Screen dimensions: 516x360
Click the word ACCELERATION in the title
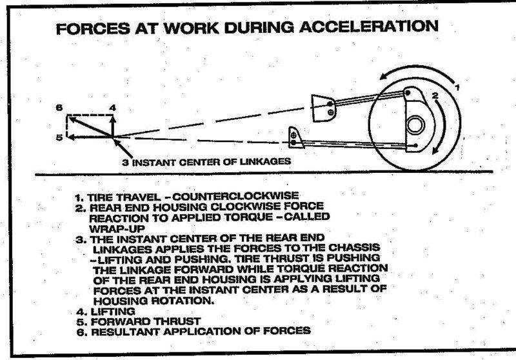tap(368, 26)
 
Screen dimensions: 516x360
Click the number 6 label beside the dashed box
tap(59, 108)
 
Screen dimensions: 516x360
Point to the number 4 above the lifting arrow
tap(112, 108)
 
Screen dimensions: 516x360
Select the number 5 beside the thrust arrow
tap(59, 137)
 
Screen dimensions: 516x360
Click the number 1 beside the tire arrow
tap(457, 87)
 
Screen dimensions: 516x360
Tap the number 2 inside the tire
tap(435, 95)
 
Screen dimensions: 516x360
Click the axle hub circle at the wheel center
tap(415, 125)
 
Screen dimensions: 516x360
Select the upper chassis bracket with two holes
tap(323, 108)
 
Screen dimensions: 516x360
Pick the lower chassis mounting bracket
tap(295, 137)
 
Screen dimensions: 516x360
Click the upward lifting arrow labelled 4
tap(112, 125)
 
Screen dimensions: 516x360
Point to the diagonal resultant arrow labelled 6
tap(90, 127)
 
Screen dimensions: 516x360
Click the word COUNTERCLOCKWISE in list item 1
tap(235, 197)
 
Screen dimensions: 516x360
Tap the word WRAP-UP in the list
tap(117, 228)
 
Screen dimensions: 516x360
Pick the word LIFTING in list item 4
tap(112, 312)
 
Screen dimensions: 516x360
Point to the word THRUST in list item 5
tap(177, 321)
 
